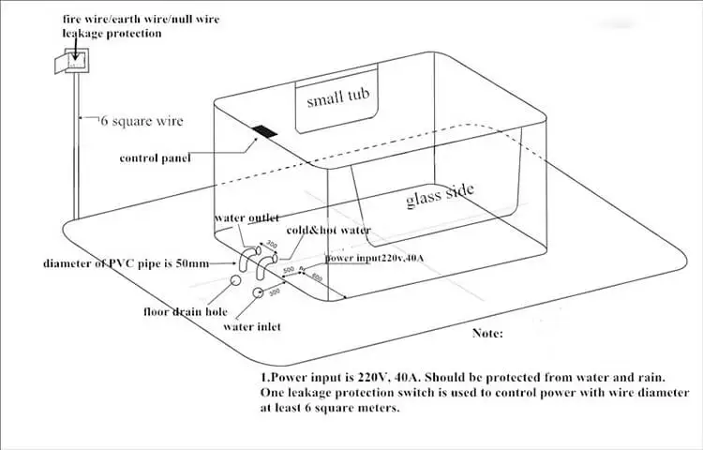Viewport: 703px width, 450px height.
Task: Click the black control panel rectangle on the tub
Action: click(x=265, y=132)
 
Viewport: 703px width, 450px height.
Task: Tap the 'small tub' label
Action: click(x=338, y=97)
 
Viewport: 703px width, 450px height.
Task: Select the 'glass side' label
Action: click(x=440, y=196)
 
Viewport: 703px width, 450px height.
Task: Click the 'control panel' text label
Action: click(x=155, y=158)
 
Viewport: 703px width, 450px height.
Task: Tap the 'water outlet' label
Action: click(x=247, y=218)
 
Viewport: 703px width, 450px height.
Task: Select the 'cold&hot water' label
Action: click(x=328, y=230)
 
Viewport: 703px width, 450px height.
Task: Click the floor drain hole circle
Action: click(x=235, y=278)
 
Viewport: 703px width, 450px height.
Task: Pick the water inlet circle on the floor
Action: click(x=256, y=293)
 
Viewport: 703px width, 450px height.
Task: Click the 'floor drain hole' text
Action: click(x=185, y=311)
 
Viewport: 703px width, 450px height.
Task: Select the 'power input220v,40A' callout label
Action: click(x=375, y=257)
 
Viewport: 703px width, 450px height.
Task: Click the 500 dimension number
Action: click(x=289, y=270)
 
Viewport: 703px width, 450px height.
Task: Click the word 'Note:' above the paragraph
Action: click(x=487, y=333)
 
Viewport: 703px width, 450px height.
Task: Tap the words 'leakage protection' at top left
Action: click(x=112, y=33)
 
